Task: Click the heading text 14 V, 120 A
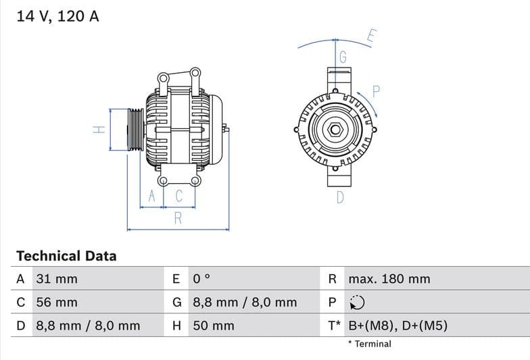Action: [x=57, y=16]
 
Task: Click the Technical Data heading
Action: [x=66, y=256]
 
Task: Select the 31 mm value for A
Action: [x=57, y=279]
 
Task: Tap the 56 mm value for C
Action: [x=57, y=302]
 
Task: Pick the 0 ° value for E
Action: [x=202, y=279]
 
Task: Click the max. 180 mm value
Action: [x=389, y=279]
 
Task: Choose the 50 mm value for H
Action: [x=214, y=326]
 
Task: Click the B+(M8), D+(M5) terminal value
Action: [x=397, y=326]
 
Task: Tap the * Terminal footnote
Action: [x=369, y=344]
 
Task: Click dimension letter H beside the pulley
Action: [x=98, y=129]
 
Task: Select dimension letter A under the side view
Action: [x=152, y=197]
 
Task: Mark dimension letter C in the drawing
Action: [x=179, y=197]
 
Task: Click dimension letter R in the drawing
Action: [x=178, y=217]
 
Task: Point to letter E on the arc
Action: [x=371, y=36]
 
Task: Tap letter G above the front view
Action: [x=343, y=57]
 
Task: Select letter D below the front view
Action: [x=340, y=197]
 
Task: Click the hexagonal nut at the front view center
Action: [x=335, y=129]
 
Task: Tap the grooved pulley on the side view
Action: [x=136, y=130]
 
